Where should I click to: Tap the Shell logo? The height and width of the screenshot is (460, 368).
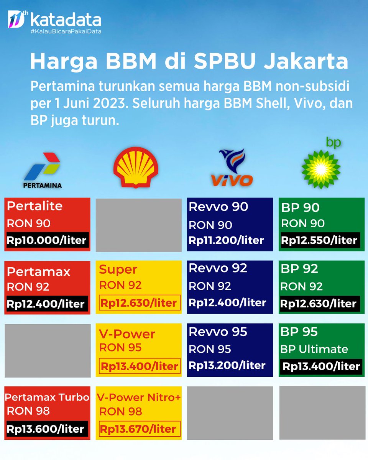pos(136,167)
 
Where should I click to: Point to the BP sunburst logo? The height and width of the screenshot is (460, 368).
pos(321,169)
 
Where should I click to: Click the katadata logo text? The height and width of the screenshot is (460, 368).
pos(65,20)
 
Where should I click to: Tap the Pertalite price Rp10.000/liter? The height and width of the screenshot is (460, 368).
pos(46,241)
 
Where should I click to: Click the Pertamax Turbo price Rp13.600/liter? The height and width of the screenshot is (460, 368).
pos(46,429)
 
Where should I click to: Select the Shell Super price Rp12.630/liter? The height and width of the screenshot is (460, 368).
pos(138,303)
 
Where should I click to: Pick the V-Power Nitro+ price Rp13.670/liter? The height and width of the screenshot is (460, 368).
pos(138,429)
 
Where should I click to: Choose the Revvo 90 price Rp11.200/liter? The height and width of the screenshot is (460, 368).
pos(226,240)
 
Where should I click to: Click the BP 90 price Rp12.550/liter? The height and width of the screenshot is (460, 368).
pos(319,240)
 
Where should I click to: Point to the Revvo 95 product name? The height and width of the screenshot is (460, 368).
pos(218,332)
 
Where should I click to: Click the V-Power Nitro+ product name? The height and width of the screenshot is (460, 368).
pos(138,398)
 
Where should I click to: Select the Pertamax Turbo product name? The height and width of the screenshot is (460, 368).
pos(47,397)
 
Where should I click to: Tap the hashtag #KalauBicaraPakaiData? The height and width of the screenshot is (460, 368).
pos(66,31)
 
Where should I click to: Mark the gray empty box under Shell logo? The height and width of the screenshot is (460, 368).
pos(138,225)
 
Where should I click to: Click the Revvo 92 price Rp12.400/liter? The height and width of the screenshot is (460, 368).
pos(227,302)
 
